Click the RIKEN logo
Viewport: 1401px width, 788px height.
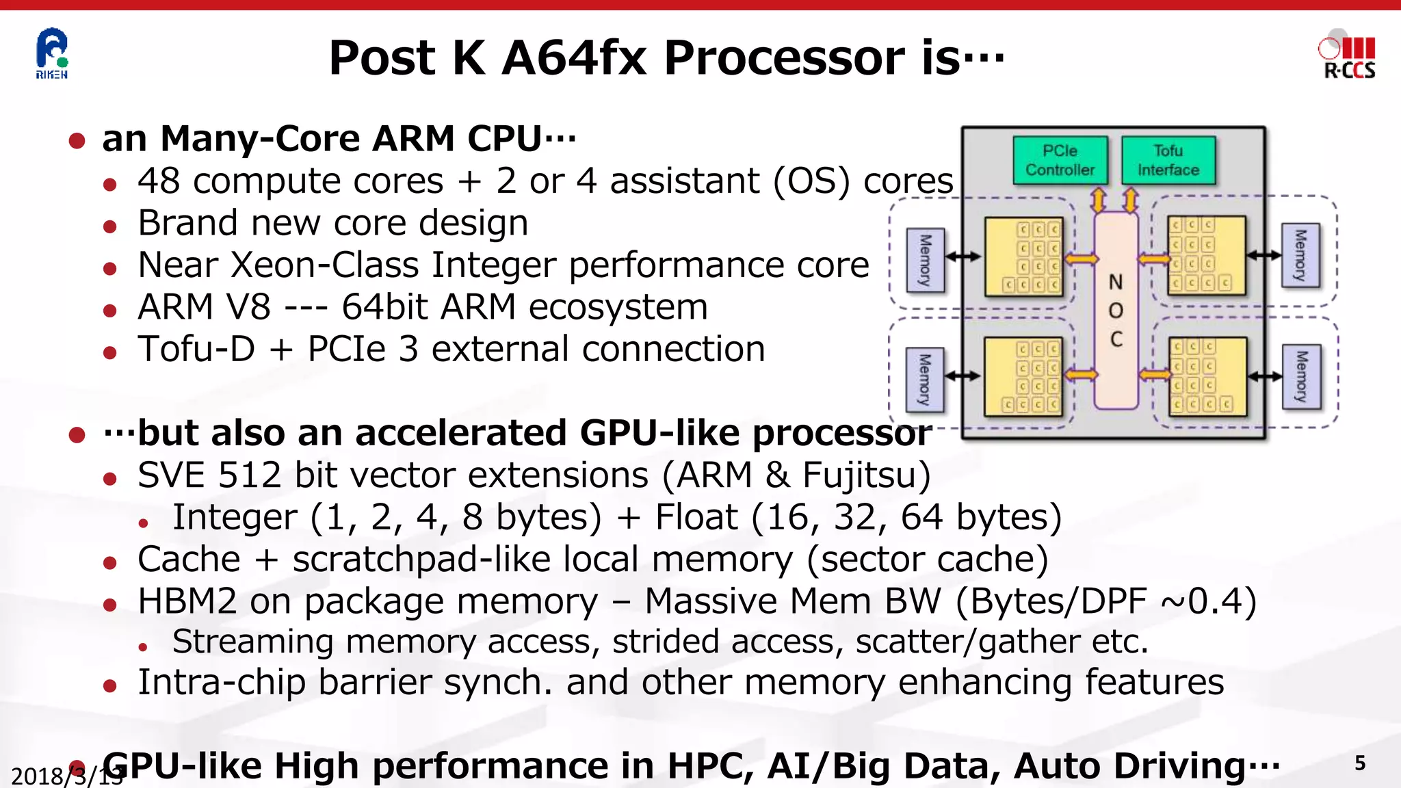(52, 53)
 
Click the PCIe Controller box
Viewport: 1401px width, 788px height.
(1060, 160)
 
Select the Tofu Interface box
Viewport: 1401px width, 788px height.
(1168, 160)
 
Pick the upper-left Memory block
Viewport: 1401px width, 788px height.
(925, 260)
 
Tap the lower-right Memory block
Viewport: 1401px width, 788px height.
(1302, 377)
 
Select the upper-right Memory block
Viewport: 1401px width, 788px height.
(1300, 255)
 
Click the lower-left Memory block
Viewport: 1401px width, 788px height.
(925, 380)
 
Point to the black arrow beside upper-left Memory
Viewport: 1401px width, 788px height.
(963, 257)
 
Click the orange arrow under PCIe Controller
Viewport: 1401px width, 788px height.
(1098, 200)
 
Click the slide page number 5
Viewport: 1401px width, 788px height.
(1360, 763)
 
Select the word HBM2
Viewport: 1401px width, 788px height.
(187, 601)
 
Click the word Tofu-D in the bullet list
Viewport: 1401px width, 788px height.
(196, 349)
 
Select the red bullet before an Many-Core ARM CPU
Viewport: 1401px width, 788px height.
(77, 141)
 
